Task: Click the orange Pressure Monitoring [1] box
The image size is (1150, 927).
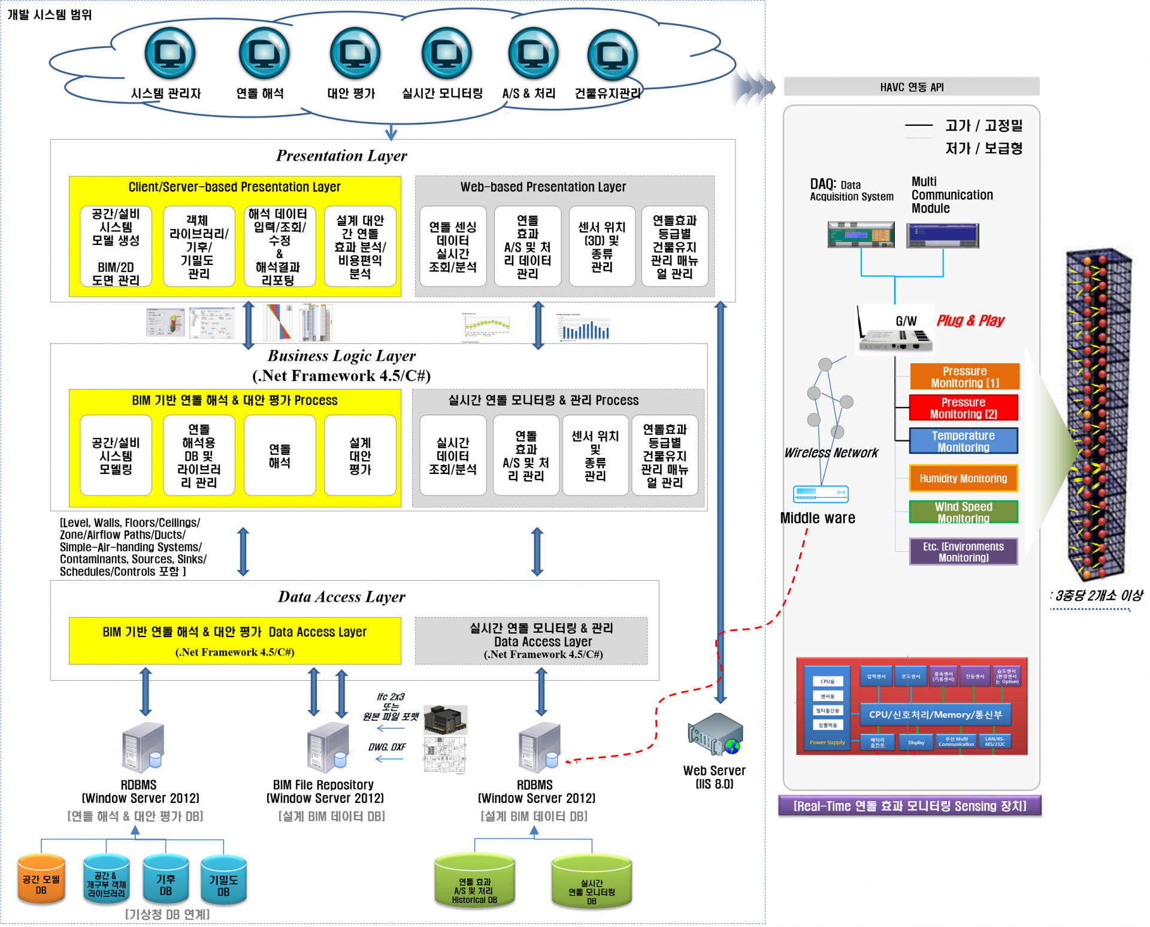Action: click(x=964, y=376)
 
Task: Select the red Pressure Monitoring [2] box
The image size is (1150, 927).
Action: click(x=963, y=407)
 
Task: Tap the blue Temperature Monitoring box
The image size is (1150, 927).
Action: click(x=963, y=441)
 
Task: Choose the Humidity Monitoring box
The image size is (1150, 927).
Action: click(x=963, y=478)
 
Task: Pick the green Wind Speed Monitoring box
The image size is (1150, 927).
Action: click(x=963, y=512)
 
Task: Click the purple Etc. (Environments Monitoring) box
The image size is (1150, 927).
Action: click(x=963, y=551)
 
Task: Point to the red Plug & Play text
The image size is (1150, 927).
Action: click(x=970, y=321)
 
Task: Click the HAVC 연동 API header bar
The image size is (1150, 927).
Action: click(x=912, y=87)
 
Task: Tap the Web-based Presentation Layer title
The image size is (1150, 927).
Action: click(x=543, y=187)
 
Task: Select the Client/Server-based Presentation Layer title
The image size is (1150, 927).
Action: click(x=234, y=187)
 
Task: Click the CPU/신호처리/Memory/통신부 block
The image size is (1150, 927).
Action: click(x=935, y=714)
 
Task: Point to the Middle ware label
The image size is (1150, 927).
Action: click(x=819, y=518)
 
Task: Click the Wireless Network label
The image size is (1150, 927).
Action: click(x=831, y=453)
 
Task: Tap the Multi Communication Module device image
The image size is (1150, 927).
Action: click(x=942, y=235)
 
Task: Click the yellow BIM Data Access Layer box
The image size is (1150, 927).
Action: click(x=235, y=641)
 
